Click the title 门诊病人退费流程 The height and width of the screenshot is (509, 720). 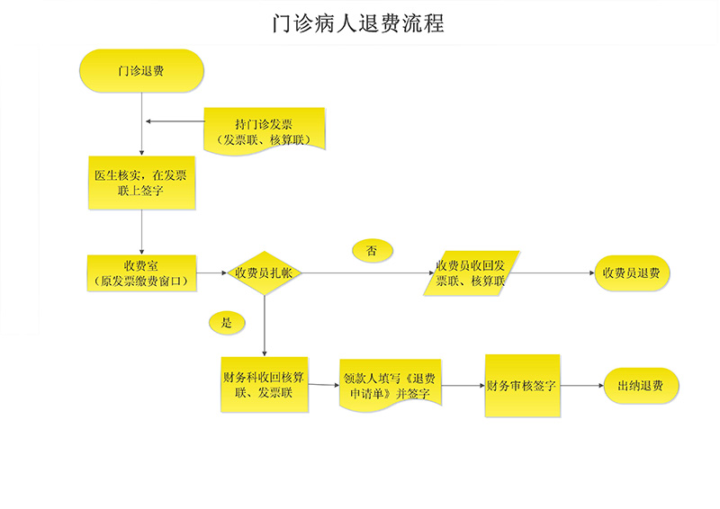(x=358, y=23)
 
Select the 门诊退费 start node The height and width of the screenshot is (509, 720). (x=140, y=70)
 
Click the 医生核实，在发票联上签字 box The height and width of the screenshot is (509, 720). (x=140, y=183)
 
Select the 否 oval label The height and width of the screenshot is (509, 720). (x=372, y=250)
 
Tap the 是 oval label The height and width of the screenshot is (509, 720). (x=226, y=322)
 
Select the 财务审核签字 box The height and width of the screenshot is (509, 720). (x=522, y=386)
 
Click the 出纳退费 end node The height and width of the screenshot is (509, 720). (x=641, y=386)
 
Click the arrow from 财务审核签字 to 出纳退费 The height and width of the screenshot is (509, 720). (x=581, y=386)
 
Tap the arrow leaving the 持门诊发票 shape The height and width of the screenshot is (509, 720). (x=175, y=121)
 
